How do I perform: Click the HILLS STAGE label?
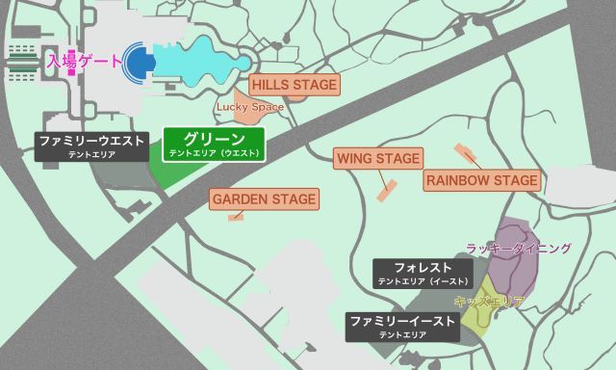(x=295, y=85)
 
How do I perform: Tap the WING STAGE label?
(x=377, y=158)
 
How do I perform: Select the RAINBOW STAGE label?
(x=481, y=180)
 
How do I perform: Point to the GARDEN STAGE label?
(x=264, y=199)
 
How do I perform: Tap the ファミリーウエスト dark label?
(x=92, y=145)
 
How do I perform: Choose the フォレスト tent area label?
(x=423, y=272)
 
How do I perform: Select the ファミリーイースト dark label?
(x=402, y=326)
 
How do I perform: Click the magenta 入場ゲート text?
(x=85, y=62)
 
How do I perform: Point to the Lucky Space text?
(x=249, y=107)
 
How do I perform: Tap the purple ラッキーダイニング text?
(x=518, y=249)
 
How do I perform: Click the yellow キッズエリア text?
(x=488, y=302)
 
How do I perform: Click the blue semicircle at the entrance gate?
(x=141, y=63)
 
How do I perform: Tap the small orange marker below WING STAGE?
(x=388, y=190)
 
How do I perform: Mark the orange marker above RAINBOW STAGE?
(x=466, y=152)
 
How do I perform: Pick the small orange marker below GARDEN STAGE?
(x=236, y=218)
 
